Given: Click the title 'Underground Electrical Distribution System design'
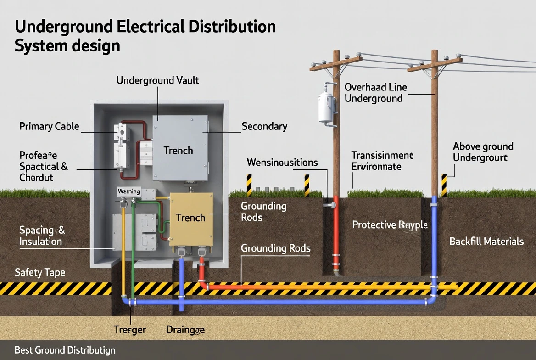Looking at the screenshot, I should click(x=145, y=36).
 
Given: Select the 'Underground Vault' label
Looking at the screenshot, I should click(x=157, y=80).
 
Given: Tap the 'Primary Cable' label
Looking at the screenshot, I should click(x=49, y=126).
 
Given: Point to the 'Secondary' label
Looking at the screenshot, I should click(x=264, y=127).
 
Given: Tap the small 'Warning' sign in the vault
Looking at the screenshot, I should click(x=128, y=191).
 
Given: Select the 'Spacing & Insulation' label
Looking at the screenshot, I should click(x=42, y=236).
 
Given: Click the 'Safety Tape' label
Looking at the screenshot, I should click(x=40, y=273).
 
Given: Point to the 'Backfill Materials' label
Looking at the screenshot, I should click(x=486, y=242).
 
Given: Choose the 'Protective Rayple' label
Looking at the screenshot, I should click(x=390, y=225).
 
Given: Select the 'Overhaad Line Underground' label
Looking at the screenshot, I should click(x=375, y=93).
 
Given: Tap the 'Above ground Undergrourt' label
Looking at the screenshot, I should click(x=483, y=152).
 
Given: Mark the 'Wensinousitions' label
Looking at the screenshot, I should click(x=282, y=163).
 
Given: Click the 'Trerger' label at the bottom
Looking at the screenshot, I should click(x=130, y=330).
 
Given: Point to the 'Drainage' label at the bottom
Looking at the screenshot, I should click(x=185, y=330).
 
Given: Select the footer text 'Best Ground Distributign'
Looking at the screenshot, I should click(x=65, y=350).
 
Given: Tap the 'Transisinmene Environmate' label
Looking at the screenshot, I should click(x=382, y=161).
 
